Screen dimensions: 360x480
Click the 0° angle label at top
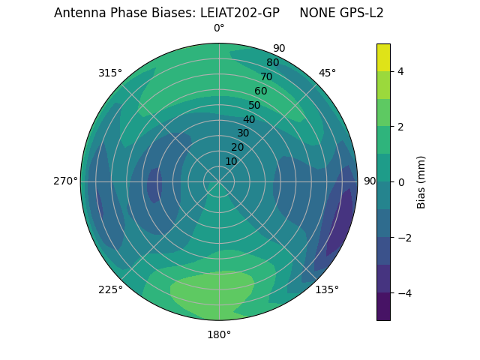coord(219,28)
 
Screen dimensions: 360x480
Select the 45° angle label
coord(327,73)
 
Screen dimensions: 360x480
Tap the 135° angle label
coord(327,289)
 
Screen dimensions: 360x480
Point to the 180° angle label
coord(219,334)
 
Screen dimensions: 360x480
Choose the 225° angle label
coord(110,289)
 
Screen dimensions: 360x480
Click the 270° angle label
coord(66,181)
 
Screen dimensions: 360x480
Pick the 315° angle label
coord(110,73)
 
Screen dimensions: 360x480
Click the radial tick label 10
coord(231,161)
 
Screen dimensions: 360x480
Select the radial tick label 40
coord(249,119)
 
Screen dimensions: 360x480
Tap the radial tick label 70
coord(266,76)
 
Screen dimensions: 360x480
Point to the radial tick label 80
coord(272,62)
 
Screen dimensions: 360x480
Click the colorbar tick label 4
coord(401,71)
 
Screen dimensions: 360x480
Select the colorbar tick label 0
coord(401,182)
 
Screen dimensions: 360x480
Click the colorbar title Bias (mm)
coord(421,182)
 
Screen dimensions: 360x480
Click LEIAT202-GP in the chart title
coord(240,13)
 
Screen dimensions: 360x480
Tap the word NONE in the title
coord(315,13)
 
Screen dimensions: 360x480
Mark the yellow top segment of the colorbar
coord(383,57)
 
